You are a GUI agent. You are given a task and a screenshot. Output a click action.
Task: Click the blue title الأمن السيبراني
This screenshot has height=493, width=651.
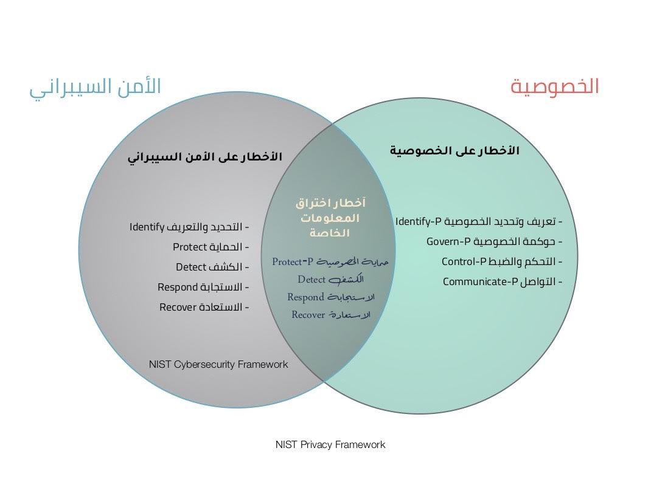click(96, 86)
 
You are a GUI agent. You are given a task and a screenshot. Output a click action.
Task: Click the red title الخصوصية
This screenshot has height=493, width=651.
click(554, 86)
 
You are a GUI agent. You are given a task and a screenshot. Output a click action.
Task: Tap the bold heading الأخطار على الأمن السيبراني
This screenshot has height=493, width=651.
click(204, 157)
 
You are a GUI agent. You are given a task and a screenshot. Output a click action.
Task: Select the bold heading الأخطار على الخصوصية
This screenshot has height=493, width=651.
click(454, 150)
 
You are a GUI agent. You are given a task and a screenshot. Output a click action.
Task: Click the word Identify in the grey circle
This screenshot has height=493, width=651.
click(147, 227)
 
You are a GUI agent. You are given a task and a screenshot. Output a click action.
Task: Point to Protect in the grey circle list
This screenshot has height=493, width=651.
click(190, 247)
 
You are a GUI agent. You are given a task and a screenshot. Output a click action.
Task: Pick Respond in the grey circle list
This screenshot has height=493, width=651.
click(178, 287)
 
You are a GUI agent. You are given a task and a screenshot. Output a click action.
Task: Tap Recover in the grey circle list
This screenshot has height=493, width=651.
click(179, 307)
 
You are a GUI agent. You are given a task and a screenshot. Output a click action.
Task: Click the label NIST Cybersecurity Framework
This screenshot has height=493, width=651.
click(218, 364)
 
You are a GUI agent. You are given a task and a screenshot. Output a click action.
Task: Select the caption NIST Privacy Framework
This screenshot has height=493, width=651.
click(330, 444)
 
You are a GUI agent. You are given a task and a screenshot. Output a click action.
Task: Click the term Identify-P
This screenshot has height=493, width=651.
click(418, 221)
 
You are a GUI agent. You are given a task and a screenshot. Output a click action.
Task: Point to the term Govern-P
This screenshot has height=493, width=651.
click(448, 241)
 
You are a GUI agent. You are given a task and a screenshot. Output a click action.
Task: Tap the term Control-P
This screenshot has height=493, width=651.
click(464, 261)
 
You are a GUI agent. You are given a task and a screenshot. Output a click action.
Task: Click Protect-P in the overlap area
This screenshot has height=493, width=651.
click(293, 261)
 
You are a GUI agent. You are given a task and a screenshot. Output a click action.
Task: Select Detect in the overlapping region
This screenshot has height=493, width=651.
click(312, 280)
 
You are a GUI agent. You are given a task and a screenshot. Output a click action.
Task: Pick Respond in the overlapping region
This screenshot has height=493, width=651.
click(305, 297)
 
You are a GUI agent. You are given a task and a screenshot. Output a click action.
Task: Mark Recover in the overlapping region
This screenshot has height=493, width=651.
click(308, 315)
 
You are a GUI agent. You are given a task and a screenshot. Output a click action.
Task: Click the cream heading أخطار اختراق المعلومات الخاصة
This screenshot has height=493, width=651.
click(330, 218)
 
